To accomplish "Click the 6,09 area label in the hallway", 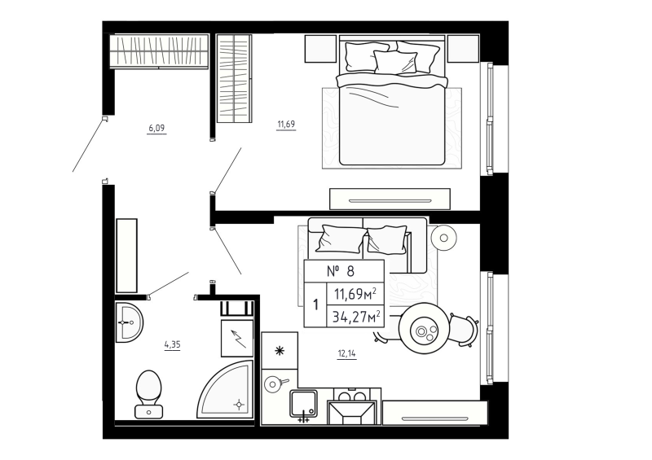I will pos(156,128).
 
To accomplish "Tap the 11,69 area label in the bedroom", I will pos(285,125).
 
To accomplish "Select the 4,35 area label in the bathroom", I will pos(172,344).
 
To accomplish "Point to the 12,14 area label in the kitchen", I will pos(346,353).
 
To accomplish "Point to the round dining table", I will pos(425,329).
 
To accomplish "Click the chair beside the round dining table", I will pos(462,329).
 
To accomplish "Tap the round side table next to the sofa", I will pos(444,238).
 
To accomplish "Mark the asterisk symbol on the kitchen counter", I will pos(280,351).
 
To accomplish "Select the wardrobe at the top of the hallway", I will pos(159,51).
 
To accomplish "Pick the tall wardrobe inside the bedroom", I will pos(234,78).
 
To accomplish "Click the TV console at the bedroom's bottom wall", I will pos(390,199).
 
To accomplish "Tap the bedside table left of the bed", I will pos(320,49).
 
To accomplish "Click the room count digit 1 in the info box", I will pos(315,304).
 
